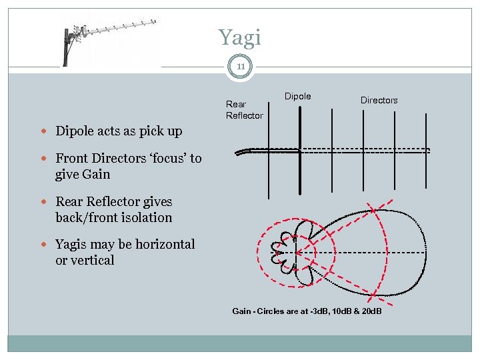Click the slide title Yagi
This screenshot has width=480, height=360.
point(240,37)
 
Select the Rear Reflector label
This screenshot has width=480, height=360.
point(244,109)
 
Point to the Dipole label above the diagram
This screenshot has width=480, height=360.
point(297,97)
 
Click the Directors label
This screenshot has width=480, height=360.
point(379,100)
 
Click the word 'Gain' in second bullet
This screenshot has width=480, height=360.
point(97,175)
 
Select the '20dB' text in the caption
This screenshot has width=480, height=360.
point(369,311)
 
